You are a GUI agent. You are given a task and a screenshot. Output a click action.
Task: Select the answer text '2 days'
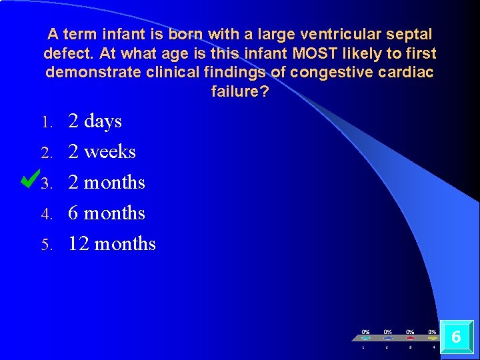95,121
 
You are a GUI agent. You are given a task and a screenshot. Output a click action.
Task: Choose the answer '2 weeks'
101,152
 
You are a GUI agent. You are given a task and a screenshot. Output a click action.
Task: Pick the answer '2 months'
106,183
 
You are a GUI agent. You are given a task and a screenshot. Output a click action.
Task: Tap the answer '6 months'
106,213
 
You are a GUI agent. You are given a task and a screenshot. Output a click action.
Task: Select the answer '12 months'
111,244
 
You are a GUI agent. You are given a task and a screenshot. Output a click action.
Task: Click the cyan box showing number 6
456,337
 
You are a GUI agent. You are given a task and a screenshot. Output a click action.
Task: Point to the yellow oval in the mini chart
432,338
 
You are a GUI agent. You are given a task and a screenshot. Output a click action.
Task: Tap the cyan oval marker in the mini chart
365,338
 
